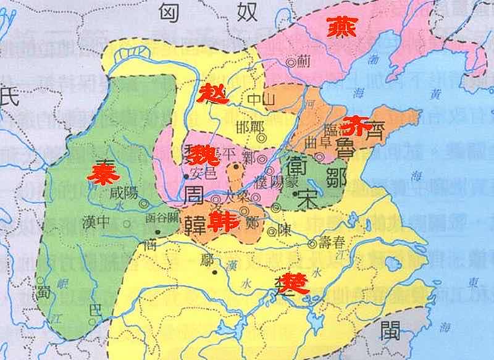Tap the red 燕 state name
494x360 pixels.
coord(341,27)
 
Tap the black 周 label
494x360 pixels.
coord(192,196)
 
